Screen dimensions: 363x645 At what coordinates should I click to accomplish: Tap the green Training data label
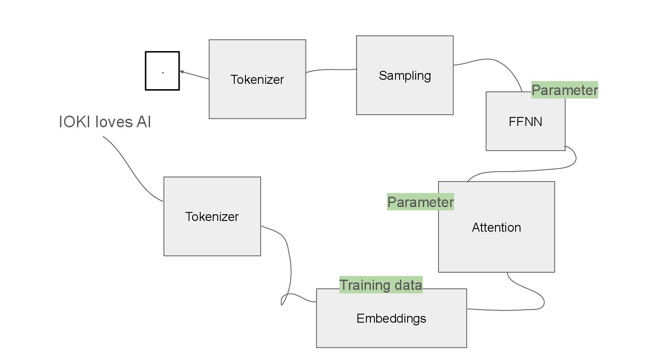pyautogui.click(x=381, y=285)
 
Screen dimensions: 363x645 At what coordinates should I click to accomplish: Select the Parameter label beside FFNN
pyautogui.click(x=564, y=90)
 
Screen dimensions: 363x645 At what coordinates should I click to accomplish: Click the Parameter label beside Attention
pyautogui.click(x=420, y=202)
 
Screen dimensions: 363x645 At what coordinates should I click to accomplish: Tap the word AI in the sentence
pyautogui.click(x=143, y=122)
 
